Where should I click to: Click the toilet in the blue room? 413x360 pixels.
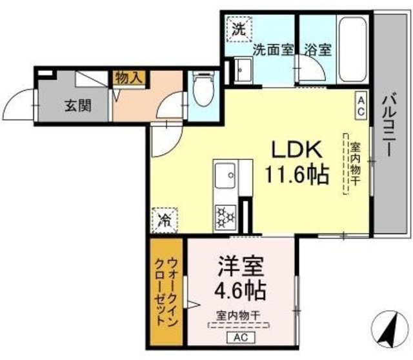tap(203, 88)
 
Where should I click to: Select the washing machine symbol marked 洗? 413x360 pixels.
tap(239, 29)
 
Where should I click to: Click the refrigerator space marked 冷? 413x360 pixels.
tap(165, 220)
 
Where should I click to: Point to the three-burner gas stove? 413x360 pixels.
tap(225, 217)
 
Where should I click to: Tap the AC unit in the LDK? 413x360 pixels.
tap(361, 106)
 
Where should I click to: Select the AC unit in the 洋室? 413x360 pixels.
tap(241, 337)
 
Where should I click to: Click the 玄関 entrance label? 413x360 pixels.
tap(78, 106)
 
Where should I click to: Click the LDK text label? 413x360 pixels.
tap(297, 150)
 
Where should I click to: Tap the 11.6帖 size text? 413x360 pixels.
tap(297, 174)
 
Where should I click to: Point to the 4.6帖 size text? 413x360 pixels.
tap(240, 291)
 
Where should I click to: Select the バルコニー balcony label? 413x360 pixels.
tap(390, 126)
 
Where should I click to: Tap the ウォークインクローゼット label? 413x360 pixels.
tap(167, 292)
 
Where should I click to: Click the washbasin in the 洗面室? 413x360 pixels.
tap(243, 70)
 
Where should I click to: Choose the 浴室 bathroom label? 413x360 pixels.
tap(318, 50)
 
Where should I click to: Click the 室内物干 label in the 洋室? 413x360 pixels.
tap(239, 315)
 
